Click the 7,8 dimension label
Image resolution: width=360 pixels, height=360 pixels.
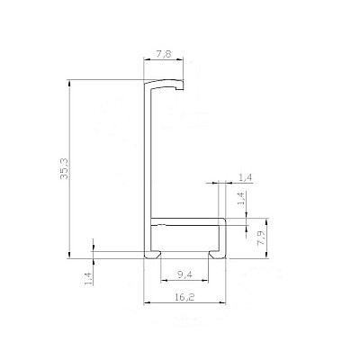coord(164,54)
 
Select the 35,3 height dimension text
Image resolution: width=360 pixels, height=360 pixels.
coord(64,169)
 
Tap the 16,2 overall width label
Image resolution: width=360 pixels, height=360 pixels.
coord(184,297)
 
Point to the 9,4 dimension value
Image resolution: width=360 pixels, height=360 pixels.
coord(184,274)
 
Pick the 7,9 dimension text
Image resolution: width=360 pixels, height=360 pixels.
coord(262,238)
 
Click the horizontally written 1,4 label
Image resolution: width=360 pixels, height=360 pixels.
coord(246,178)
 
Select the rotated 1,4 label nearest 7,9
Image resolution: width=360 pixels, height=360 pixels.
coord(242,199)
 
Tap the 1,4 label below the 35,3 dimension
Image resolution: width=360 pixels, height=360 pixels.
coord(88,278)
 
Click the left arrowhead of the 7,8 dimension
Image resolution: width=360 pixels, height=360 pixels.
coord(146,59)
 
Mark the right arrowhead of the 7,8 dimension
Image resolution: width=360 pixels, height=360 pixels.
coord(181,59)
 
